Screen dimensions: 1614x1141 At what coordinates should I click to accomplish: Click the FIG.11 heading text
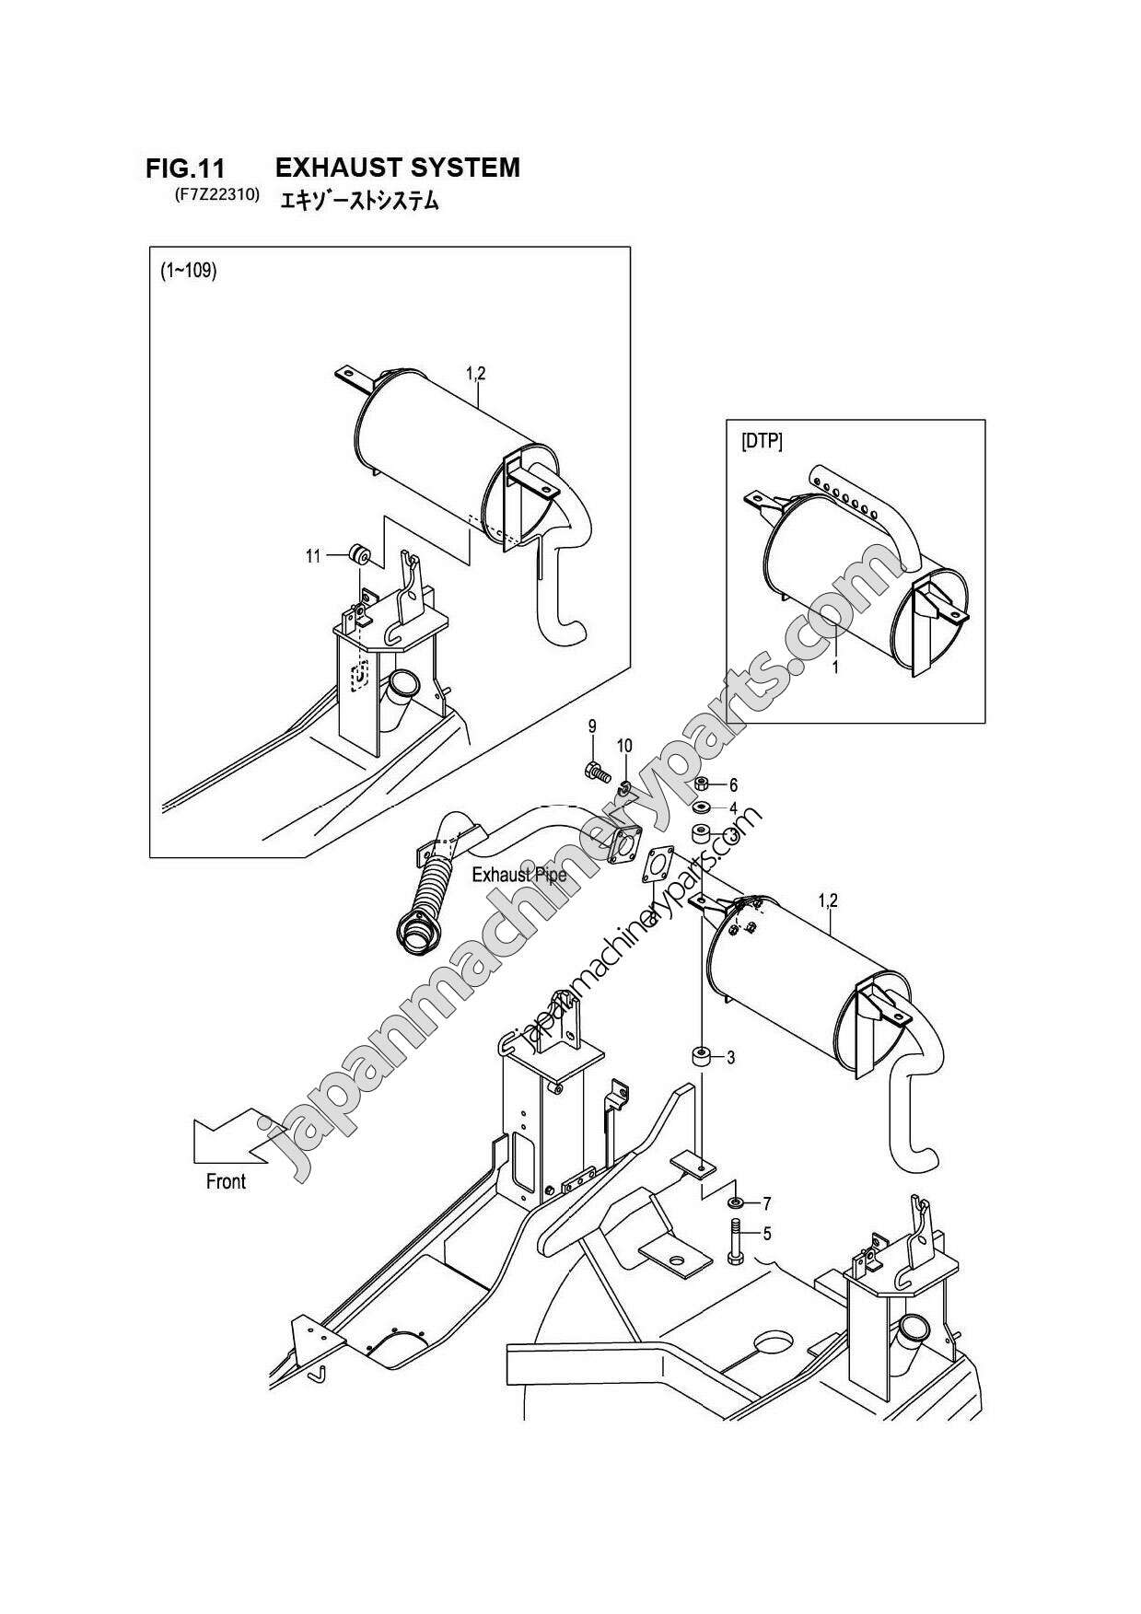(185, 168)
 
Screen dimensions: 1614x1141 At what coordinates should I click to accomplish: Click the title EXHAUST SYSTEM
(398, 168)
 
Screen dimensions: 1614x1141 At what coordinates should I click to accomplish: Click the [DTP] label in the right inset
(762, 442)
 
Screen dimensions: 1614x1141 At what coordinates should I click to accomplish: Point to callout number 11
(313, 556)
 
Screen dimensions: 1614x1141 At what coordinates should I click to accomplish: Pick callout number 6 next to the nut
(733, 785)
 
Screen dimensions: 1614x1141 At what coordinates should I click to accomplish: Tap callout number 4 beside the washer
(733, 808)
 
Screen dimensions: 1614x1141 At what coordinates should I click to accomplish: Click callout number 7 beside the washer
(766, 1203)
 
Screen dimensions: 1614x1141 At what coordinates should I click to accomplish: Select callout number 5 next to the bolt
(766, 1233)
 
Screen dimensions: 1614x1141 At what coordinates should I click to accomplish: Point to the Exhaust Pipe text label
(518, 874)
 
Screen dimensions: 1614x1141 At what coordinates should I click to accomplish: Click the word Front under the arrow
(226, 1180)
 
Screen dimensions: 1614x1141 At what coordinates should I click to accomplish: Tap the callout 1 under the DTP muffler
(834, 668)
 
